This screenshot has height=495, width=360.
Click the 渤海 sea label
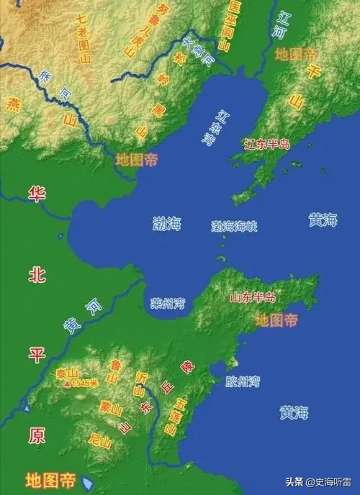click(x=167, y=223)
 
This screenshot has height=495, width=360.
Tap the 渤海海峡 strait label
click(x=234, y=226)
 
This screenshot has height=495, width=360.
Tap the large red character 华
click(x=36, y=193)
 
